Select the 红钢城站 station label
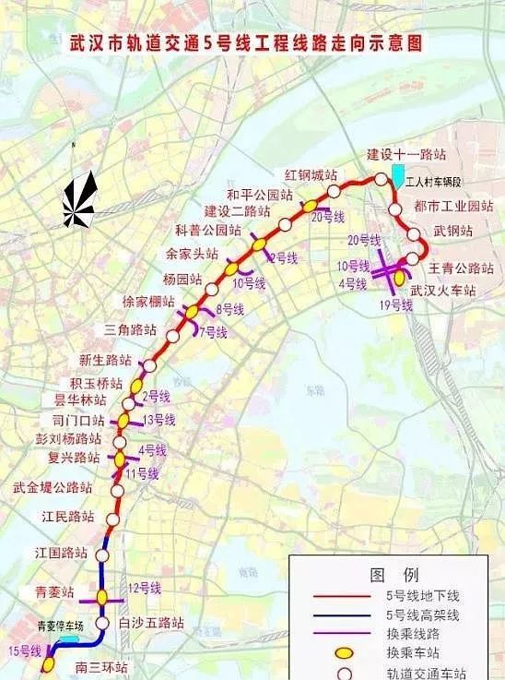point(310,176)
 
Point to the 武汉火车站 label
point(443,290)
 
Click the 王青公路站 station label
point(462,268)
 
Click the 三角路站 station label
point(130,328)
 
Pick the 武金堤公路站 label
point(53,486)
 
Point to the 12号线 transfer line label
point(146,588)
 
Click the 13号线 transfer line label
point(158,419)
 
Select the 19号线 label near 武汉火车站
point(394,304)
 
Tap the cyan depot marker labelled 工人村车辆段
point(397,173)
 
